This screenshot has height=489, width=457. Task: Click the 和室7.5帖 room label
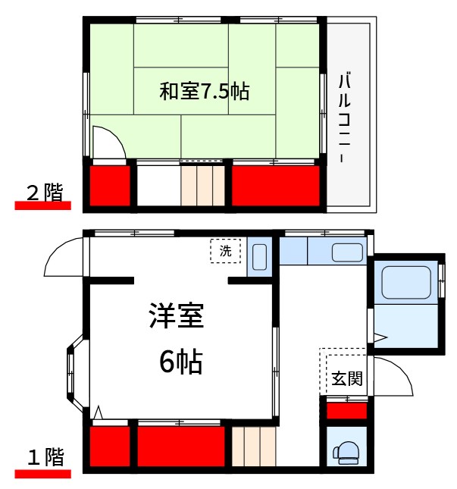tap(204, 92)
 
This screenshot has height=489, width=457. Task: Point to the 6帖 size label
tap(180, 363)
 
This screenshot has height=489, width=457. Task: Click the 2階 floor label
tap(45, 193)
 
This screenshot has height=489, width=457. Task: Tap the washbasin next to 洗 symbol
tap(259, 257)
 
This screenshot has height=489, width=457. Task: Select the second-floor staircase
tap(202, 185)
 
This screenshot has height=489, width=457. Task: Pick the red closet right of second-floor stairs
tap(275, 184)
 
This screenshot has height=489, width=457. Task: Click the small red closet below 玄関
tap(347, 411)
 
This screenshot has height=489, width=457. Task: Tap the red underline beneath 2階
tap(42, 205)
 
